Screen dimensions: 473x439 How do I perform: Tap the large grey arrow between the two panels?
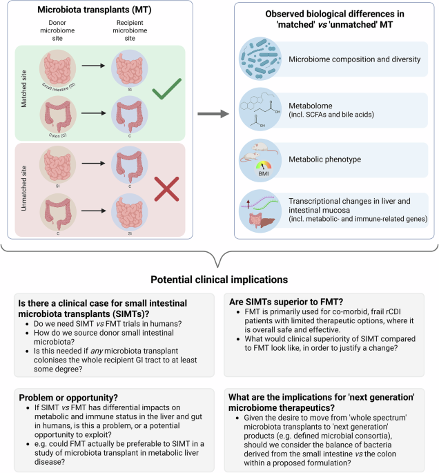[x=212, y=114]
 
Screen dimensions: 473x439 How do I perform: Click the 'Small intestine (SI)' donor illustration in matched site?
[x=53, y=68]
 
